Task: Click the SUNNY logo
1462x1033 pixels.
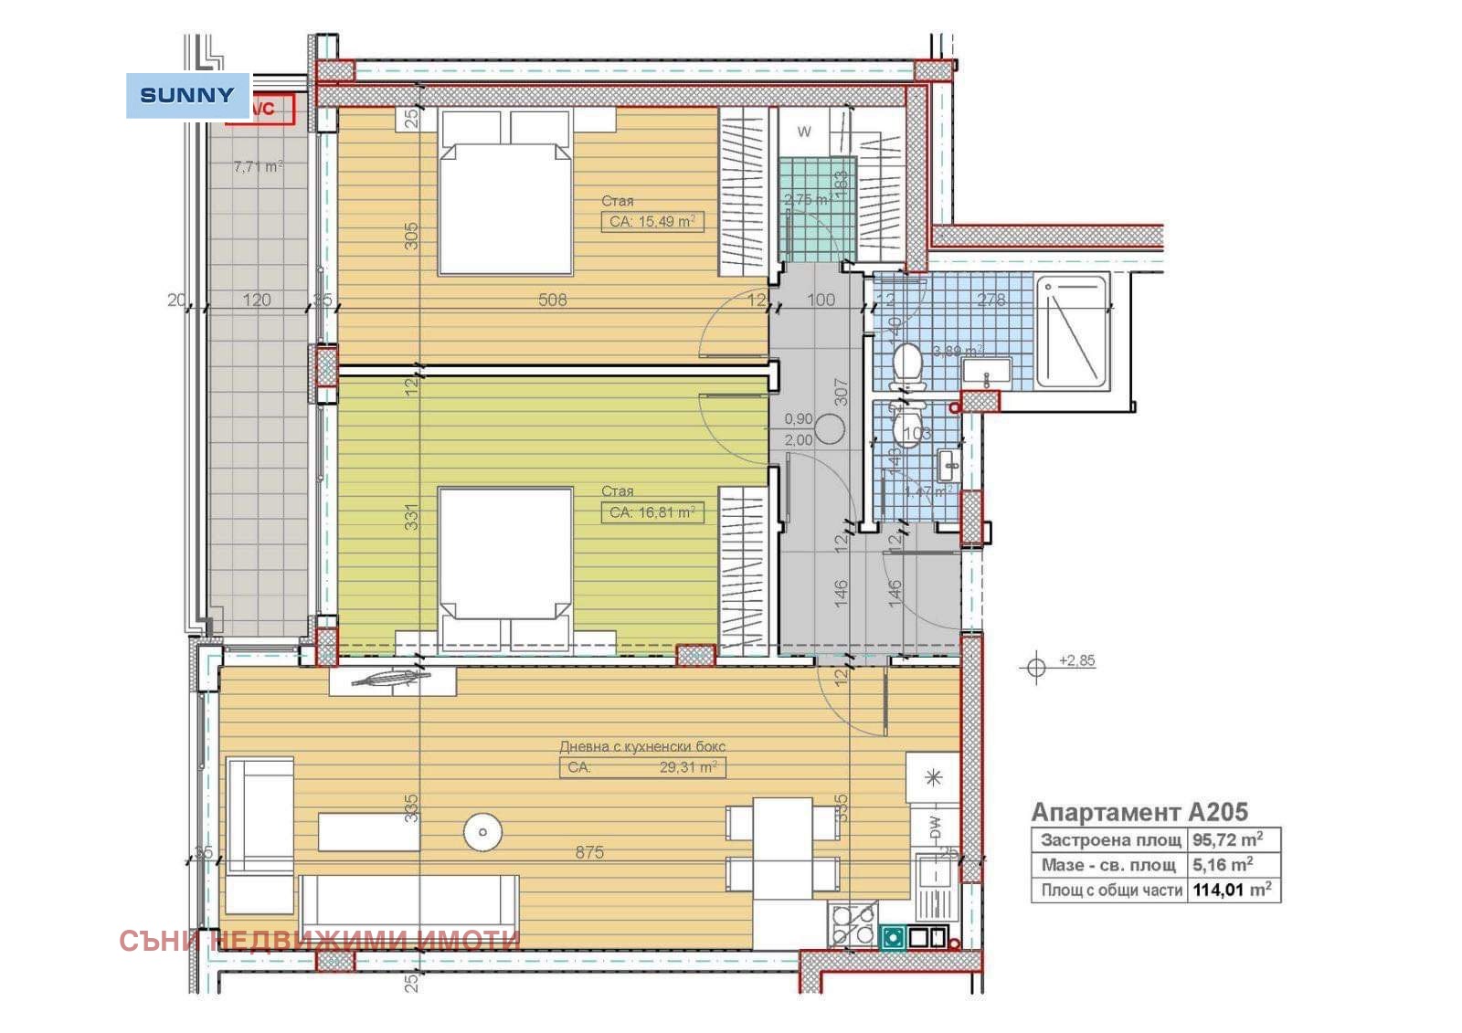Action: pyautogui.click(x=187, y=95)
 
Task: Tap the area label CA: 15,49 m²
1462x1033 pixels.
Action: pyautogui.click(x=652, y=221)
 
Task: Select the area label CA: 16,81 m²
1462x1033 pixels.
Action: pyautogui.click(x=652, y=512)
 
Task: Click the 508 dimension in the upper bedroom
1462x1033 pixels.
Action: pyautogui.click(x=553, y=300)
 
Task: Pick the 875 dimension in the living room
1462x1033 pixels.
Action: pyautogui.click(x=589, y=852)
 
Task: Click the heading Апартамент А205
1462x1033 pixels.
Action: pyautogui.click(x=1139, y=812)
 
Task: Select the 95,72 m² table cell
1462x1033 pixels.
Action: pyautogui.click(x=1227, y=839)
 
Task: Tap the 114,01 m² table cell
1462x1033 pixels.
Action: pyautogui.click(x=1232, y=889)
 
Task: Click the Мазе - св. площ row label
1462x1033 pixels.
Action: pyautogui.click(x=1108, y=864)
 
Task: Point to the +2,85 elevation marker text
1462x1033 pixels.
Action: pyautogui.click(x=1076, y=660)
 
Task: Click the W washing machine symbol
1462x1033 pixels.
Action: pyautogui.click(x=804, y=132)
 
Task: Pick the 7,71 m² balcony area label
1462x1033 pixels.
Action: pyautogui.click(x=258, y=167)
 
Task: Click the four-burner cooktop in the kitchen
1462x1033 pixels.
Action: pyautogui.click(x=852, y=924)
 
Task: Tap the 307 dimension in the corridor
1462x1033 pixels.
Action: pyautogui.click(x=842, y=393)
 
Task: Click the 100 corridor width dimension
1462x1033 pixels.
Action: pyautogui.click(x=821, y=300)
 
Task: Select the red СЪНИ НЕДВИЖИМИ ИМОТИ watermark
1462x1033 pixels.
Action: pyautogui.click(x=320, y=940)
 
